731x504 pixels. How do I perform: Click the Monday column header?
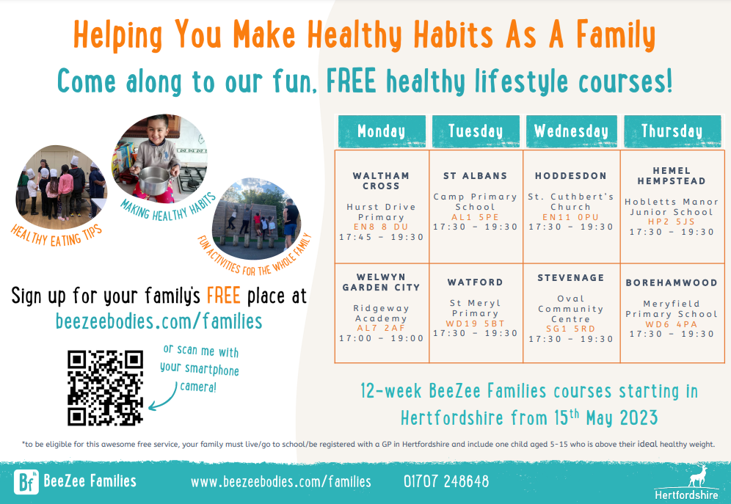point(382,131)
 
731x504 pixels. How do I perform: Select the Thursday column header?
point(672,131)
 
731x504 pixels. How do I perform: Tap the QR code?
point(106,388)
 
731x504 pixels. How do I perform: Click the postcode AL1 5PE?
point(475,217)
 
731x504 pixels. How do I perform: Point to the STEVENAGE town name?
point(570,277)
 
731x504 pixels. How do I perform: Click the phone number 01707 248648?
point(446,481)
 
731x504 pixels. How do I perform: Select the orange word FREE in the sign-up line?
point(223,296)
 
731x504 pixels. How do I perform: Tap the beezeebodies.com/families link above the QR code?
point(159,321)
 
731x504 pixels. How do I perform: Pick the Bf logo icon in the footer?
point(26,482)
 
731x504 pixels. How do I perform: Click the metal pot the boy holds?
point(154,180)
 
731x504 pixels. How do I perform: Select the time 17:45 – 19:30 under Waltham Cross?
point(382,237)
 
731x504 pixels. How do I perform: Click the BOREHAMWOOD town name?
point(672,282)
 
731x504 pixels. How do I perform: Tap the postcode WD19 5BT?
point(475,324)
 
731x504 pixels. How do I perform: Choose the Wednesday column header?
point(572,131)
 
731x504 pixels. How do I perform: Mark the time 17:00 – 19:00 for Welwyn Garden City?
point(382,338)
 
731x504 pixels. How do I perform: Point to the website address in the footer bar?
point(280,482)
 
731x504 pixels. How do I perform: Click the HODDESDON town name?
point(570,175)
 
